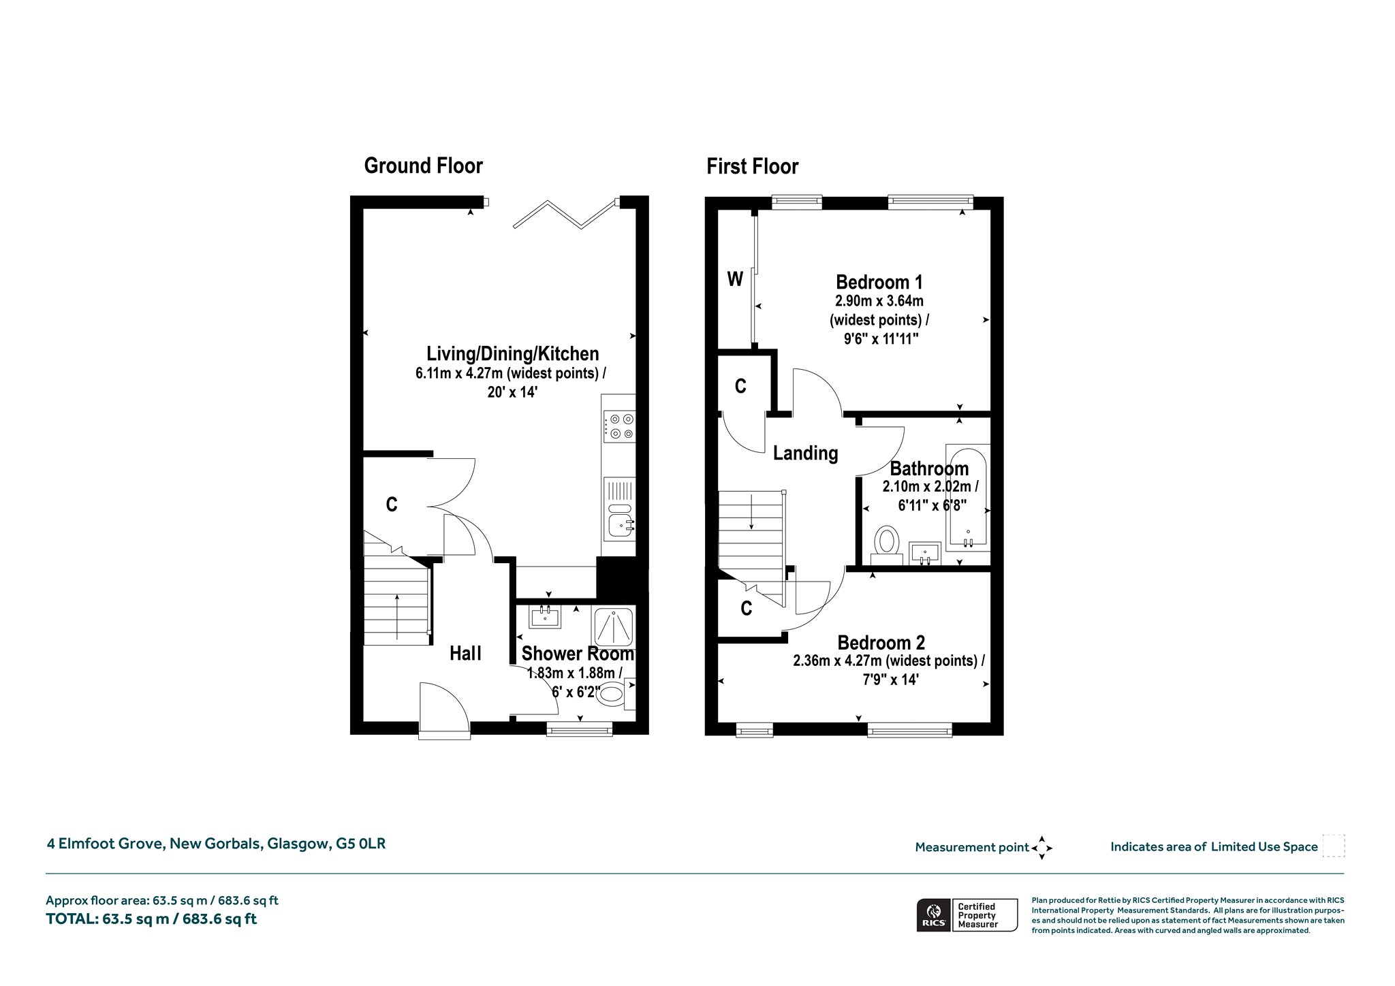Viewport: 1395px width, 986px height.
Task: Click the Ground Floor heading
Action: [423, 165]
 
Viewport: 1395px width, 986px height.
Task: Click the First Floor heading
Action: [752, 166]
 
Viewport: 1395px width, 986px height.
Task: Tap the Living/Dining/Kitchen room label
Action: [513, 353]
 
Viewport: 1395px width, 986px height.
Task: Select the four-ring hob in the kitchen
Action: [619, 426]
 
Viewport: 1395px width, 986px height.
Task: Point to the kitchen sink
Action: [619, 525]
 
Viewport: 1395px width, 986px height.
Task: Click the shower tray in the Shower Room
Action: [614, 626]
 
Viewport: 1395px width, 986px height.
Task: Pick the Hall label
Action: [466, 654]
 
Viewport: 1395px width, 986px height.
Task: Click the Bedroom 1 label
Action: [879, 282]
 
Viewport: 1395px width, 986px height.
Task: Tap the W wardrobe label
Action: [735, 279]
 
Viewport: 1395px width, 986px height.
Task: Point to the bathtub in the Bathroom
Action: [967, 497]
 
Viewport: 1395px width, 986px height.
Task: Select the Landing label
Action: [805, 454]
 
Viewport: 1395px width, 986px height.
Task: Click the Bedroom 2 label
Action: [881, 643]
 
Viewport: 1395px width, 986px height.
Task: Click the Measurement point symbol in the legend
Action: [1042, 848]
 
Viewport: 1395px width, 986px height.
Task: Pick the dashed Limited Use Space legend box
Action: [1334, 846]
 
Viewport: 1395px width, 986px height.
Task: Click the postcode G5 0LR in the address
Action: [361, 844]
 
